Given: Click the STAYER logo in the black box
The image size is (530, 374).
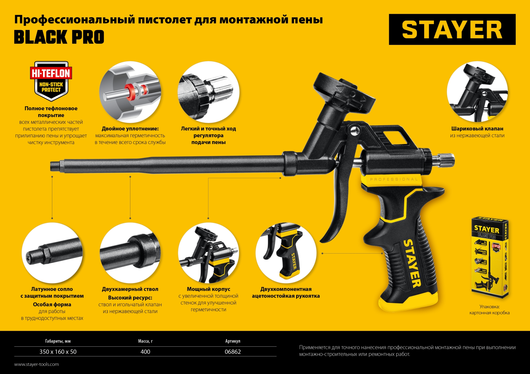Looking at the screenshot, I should (x=452, y=29).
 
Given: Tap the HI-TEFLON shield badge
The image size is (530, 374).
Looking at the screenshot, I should (x=51, y=81).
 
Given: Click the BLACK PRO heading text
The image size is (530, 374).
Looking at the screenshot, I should (x=59, y=37).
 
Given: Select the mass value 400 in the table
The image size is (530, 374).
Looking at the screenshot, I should (x=145, y=352).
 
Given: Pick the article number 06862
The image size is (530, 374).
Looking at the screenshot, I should (x=232, y=352).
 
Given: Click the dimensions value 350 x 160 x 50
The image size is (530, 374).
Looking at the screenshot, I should (x=58, y=352).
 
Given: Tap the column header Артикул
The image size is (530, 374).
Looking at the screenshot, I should (x=233, y=341).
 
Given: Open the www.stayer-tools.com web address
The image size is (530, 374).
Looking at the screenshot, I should (x=36, y=364).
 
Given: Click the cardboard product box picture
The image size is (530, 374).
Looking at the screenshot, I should (x=490, y=258).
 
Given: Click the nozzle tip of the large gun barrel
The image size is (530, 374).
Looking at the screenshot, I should (x=53, y=166).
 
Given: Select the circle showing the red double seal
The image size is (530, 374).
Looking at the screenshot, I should (x=130, y=92).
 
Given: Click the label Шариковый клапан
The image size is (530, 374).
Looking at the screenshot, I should (x=477, y=129).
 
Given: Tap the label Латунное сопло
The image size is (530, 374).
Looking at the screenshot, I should (x=52, y=289).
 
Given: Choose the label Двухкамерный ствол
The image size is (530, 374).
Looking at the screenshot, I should (x=130, y=289).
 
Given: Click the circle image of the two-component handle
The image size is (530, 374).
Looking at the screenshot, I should (x=286, y=253).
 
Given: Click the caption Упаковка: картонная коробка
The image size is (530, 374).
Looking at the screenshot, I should (x=489, y=310).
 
